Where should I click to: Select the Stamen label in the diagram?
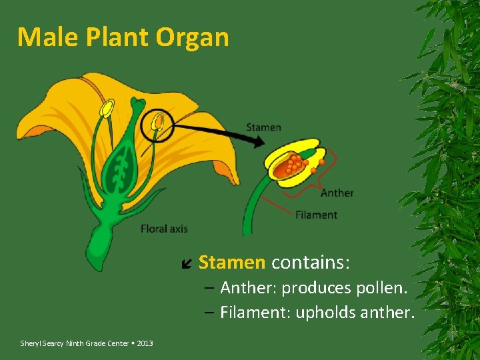click(263, 127)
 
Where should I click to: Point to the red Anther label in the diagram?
click(337, 193)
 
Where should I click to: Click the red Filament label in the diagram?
click(316, 215)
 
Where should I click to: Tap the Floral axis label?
click(164, 229)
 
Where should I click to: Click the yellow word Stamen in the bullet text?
click(231, 262)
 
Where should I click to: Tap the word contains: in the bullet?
click(310, 262)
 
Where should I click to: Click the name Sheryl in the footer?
click(31, 343)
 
